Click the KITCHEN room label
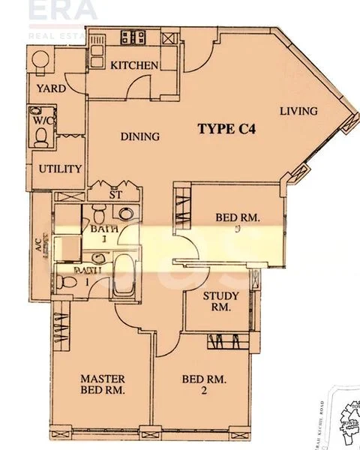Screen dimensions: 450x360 135,65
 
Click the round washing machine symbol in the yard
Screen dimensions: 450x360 40,61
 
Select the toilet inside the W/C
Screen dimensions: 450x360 42,135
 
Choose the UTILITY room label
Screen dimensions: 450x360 60,169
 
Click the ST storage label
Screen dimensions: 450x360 115,195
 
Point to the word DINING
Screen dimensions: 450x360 140,136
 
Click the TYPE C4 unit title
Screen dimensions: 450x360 227,128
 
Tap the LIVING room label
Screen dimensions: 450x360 298,111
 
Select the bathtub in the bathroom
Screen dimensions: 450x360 124,274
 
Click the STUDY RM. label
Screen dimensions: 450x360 221,301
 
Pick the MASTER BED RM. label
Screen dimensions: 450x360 103,384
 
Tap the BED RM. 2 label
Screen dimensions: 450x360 203,384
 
